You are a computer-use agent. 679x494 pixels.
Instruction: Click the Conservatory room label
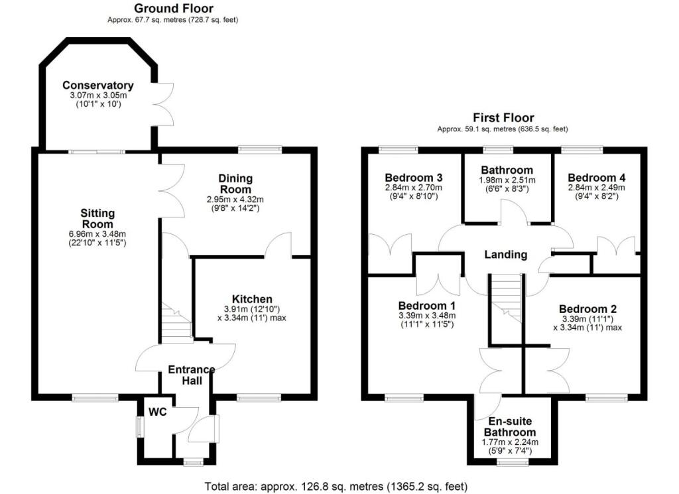click(97, 86)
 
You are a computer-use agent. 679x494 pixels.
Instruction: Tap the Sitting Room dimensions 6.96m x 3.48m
click(98, 233)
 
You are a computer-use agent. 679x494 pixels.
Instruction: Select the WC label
click(157, 412)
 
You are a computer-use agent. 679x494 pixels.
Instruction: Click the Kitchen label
click(252, 299)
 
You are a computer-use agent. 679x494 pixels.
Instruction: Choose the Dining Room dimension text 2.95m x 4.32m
click(236, 199)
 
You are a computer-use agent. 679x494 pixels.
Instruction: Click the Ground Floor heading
click(173, 9)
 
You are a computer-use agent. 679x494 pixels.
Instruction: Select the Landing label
click(505, 255)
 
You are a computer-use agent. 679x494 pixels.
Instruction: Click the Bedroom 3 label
click(414, 178)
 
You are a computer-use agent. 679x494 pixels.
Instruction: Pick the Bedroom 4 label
click(596, 178)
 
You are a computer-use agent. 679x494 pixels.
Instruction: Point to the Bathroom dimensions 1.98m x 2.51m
click(507, 180)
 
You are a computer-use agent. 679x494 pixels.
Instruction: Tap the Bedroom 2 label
click(587, 309)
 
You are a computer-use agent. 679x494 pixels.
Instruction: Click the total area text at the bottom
click(339, 486)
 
